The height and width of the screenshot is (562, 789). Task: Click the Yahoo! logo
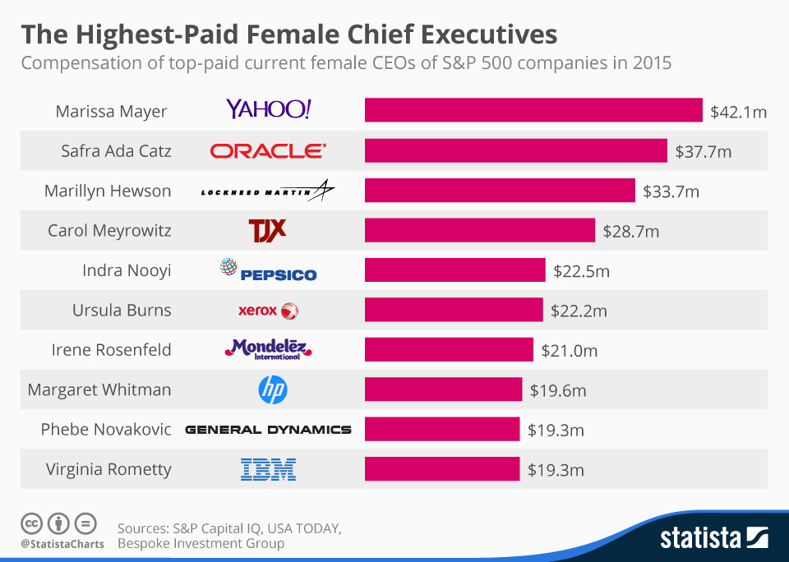[x=268, y=109]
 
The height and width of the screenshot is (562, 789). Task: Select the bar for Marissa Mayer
[x=533, y=110]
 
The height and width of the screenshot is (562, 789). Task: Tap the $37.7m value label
[x=703, y=151]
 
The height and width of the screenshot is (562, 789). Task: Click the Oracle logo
[x=268, y=150]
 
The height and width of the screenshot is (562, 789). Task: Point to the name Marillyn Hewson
[x=108, y=191]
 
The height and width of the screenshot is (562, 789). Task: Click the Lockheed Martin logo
[x=268, y=191]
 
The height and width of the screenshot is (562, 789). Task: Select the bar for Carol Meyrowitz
[x=479, y=230]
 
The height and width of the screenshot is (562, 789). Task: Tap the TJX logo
[x=267, y=229]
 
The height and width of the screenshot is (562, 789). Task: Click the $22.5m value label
[x=581, y=270]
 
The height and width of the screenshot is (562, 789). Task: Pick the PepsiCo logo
[x=268, y=270]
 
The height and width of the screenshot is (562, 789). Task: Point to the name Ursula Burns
[x=122, y=310]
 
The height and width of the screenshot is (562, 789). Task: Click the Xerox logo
[x=268, y=311]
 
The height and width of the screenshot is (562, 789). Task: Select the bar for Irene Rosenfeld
[x=449, y=350]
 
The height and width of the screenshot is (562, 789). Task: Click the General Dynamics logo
[x=268, y=430]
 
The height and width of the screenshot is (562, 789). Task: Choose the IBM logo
[x=268, y=470]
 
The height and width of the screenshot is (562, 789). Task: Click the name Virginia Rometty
[x=108, y=469]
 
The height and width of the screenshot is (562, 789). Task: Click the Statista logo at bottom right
[x=714, y=538]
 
